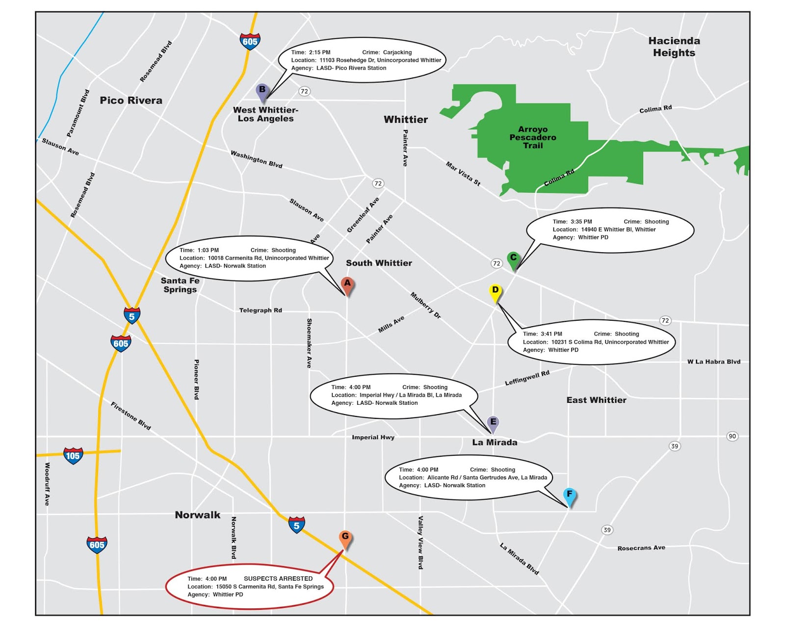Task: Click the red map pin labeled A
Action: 347,285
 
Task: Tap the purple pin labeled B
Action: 262,91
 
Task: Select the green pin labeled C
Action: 513,259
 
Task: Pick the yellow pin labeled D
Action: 495,292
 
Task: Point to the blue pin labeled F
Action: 569,495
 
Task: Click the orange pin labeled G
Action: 345,538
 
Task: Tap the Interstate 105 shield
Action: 73,456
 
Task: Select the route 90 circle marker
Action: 732,436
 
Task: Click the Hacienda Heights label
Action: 674,47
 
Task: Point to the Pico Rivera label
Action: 131,101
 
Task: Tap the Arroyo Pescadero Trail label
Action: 533,137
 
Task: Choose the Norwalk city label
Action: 198,515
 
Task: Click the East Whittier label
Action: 596,400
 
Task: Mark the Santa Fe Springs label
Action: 180,285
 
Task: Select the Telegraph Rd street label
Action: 261,311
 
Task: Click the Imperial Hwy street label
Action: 373,437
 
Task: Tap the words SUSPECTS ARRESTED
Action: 278,579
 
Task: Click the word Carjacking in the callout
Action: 397,52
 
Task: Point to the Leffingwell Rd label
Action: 527,378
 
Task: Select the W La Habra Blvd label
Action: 713,362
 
